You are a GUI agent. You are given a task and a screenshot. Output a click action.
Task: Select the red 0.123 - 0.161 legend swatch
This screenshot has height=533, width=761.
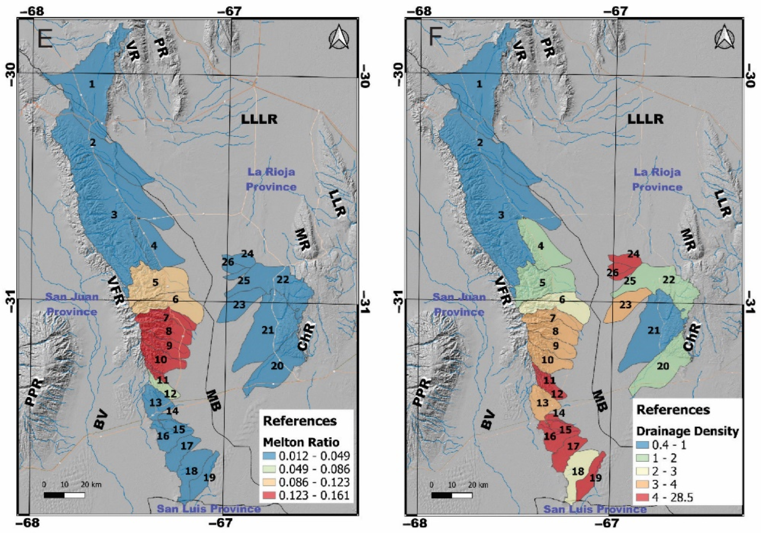tap(270, 495)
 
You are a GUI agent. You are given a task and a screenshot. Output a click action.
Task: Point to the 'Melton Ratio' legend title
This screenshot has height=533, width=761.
tap(301, 442)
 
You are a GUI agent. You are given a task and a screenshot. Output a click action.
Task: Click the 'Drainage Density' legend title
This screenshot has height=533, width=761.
tap(687, 431)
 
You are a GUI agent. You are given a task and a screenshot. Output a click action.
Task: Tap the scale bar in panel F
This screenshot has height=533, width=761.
tap(451, 495)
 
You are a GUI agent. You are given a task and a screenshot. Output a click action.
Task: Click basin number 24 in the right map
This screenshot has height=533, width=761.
tap(633, 254)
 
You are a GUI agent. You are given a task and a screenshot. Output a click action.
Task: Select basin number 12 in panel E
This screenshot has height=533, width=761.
tap(170, 394)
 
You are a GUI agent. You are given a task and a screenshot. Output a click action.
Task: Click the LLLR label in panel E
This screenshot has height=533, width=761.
tap(259, 119)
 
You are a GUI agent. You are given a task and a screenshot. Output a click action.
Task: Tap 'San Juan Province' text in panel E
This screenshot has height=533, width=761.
tap(72, 304)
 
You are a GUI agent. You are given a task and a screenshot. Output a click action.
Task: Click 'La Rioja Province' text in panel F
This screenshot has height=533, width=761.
tap(657, 180)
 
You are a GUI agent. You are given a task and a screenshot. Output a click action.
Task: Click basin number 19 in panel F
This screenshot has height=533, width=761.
tap(595, 477)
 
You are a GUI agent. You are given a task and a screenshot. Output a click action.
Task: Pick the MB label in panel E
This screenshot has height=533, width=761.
tap(214, 400)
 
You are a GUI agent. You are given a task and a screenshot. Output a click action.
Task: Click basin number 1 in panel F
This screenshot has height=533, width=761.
tap(479, 84)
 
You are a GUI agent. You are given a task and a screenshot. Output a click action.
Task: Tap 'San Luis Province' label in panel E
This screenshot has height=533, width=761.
tap(209, 508)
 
